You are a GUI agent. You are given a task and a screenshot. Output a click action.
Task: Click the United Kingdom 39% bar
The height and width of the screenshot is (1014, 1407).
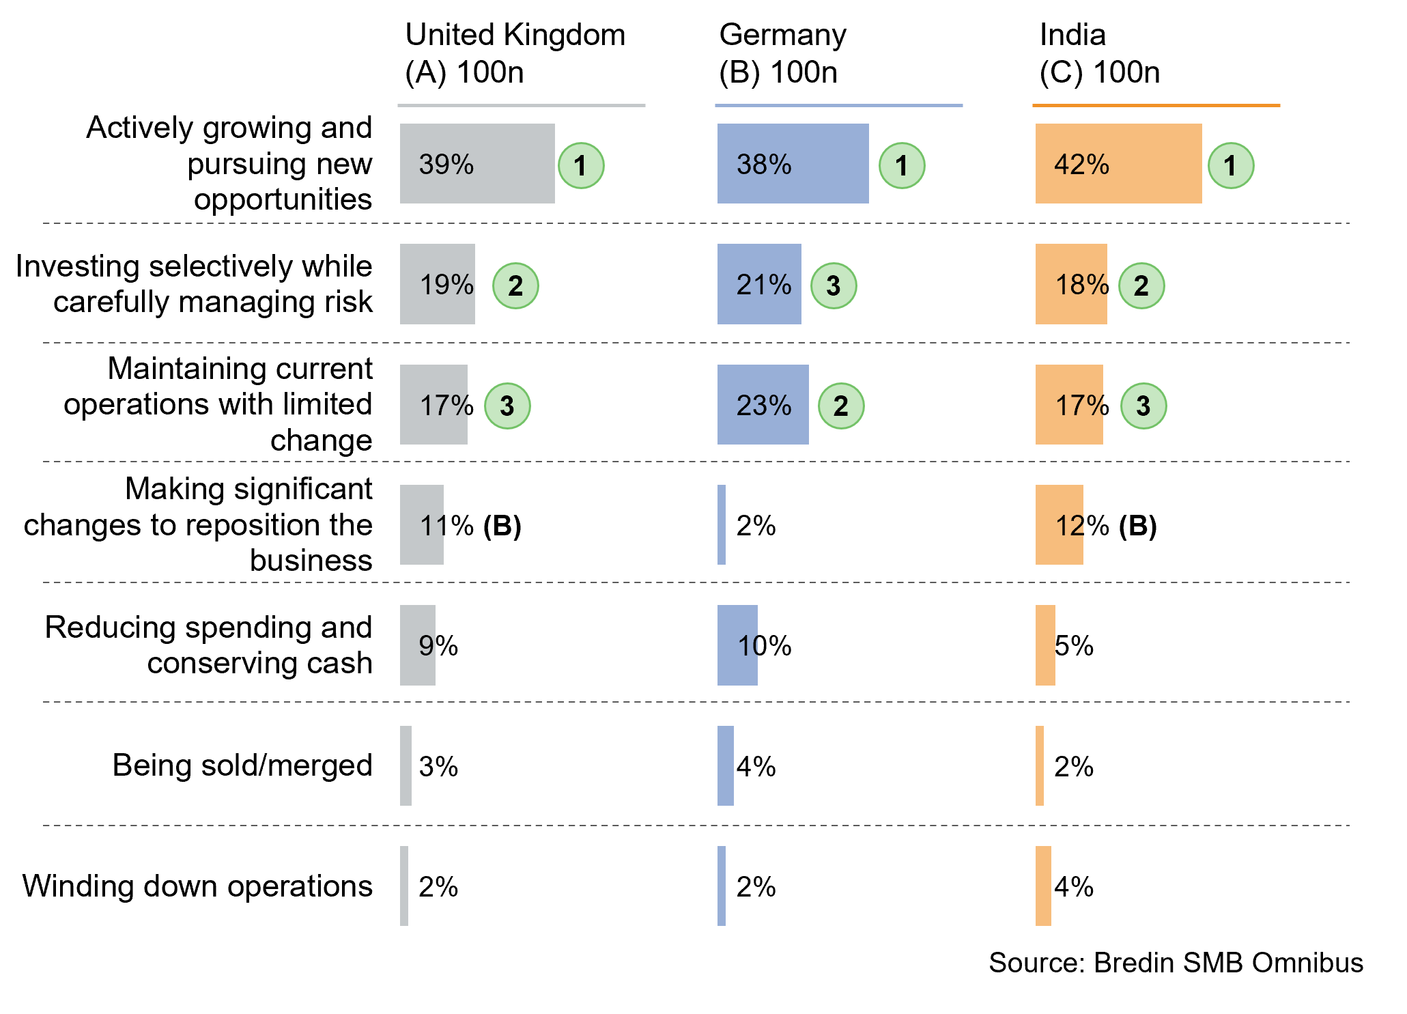click(x=477, y=163)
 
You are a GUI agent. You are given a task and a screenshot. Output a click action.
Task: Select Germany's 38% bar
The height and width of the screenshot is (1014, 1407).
click(x=793, y=163)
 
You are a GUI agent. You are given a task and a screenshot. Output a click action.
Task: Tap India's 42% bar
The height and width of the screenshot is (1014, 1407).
click(x=1118, y=163)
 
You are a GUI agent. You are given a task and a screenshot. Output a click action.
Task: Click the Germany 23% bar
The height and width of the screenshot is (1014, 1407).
click(x=763, y=404)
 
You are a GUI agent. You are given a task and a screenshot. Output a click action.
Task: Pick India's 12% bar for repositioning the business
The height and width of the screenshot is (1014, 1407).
click(x=1059, y=524)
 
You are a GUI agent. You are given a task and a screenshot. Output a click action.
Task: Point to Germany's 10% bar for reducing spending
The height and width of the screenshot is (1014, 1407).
click(x=737, y=645)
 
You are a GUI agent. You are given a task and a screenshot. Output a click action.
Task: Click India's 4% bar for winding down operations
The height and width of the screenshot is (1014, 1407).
click(x=1043, y=886)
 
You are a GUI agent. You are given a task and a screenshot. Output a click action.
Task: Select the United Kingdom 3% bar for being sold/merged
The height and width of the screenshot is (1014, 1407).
click(x=406, y=765)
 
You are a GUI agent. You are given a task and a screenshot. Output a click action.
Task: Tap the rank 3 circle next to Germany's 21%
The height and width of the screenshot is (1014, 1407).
click(x=833, y=285)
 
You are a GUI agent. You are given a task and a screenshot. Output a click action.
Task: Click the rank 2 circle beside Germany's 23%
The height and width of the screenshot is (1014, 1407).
click(x=841, y=406)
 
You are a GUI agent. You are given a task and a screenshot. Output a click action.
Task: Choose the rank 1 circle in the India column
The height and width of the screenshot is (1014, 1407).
click(x=1230, y=165)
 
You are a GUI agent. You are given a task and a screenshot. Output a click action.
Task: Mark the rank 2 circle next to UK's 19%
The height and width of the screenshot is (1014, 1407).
click(x=515, y=285)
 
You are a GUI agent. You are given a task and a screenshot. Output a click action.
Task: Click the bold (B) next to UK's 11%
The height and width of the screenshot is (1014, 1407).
click(x=502, y=526)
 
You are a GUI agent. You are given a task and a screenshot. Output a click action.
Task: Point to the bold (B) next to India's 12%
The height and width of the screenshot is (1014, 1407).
click(x=1137, y=526)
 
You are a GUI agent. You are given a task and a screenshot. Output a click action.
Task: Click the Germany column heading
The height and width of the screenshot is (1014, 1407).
click(x=782, y=53)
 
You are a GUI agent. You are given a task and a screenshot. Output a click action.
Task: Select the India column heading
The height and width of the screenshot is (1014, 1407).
click(x=1099, y=53)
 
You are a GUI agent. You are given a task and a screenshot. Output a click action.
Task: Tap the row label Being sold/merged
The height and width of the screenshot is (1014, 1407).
click(x=242, y=765)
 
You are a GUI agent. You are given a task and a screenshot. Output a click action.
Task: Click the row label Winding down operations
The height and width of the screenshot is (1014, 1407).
click(x=197, y=886)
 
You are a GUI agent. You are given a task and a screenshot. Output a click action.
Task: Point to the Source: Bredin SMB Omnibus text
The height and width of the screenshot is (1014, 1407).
click(x=1176, y=963)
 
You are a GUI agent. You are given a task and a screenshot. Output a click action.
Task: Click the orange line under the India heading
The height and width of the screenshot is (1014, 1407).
click(x=1156, y=106)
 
